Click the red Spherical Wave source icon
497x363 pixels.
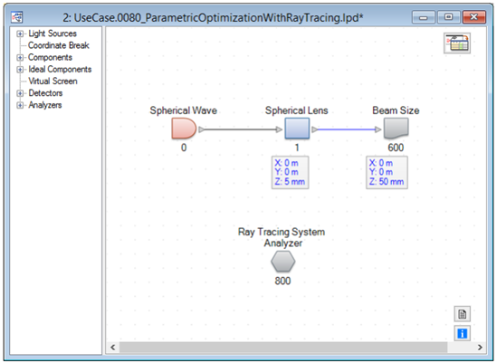pyautogui.click(x=184, y=129)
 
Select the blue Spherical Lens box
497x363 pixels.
pyautogui.click(x=297, y=129)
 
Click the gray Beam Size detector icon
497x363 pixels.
pyautogui.click(x=396, y=129)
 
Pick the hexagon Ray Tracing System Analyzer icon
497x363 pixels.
pyautogui.click(x=283, y=262)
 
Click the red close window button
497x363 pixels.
pyautogui.click(x=473, y=17)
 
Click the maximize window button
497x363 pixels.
pyautogui.click(x=448, y=17)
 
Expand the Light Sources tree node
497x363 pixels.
pyautogui.click(x=20, y=33)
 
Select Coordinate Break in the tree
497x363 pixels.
pyautogui.click(x=59, y=45)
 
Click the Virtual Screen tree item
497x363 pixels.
pyautogui.click(x=53, y=81)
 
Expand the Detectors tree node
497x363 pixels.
pyautogui.click(x=20, y=93)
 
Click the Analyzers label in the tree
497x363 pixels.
pyautogui.click(x=45, y=105)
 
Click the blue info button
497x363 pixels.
pyautogui.click(x=462, y=333)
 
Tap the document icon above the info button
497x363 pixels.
pyautogui.click(x=462, y=314)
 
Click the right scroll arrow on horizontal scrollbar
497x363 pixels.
pyautogui.click(x=480, y=347)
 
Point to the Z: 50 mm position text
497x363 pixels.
pyautogui.click(x=387, y=182)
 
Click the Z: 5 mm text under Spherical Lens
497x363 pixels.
pyautogui.click(x=290, y=182)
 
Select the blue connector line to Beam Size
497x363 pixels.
pyautogui.click(x=347, y=129)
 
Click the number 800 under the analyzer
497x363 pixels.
pyautogui.click(x=282, y=281)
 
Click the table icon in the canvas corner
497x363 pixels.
pyautogui.click(x=457, y=43)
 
